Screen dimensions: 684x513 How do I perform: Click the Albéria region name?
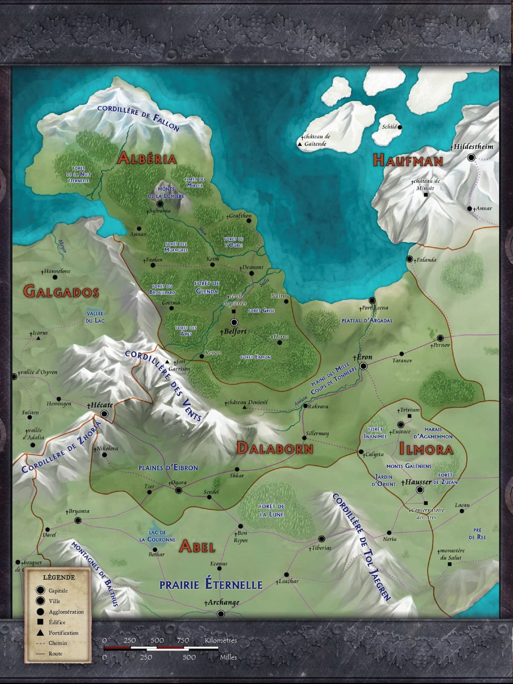[x=146, y=158]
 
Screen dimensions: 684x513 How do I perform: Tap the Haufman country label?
[x=408, y=161]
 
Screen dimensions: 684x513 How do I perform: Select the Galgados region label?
[x=61, y=292]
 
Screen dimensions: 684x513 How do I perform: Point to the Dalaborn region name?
[x=275, y=448]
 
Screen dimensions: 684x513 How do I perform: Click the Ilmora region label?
[x=426, y=449]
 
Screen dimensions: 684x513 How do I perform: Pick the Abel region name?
[x=197, y=546]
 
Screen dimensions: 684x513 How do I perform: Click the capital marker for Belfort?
[x=234, y=322]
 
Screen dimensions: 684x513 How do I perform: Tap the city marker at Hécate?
[x=105, y=414]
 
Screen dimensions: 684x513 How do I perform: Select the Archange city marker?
[x=221, y=614]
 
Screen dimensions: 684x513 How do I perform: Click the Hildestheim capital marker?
[x=471, y=158]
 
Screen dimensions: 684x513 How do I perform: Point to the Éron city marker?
[x=364, y=366]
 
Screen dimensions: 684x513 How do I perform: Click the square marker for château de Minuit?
[x=426, y=195]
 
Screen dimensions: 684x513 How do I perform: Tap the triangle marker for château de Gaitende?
[x=300, y=144]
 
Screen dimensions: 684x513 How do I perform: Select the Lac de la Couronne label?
[x=157, y=536]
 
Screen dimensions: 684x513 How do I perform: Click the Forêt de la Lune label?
[x=272, y=510]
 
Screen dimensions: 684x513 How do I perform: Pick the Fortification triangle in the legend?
[x=40, y=633]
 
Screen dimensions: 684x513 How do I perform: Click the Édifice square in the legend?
[x=40, y=622]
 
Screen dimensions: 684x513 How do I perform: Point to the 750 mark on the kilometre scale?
[x=183, y=640]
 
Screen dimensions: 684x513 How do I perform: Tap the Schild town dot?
[x=400, y=127]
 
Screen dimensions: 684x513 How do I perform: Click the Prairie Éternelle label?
[x=211, y=585]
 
